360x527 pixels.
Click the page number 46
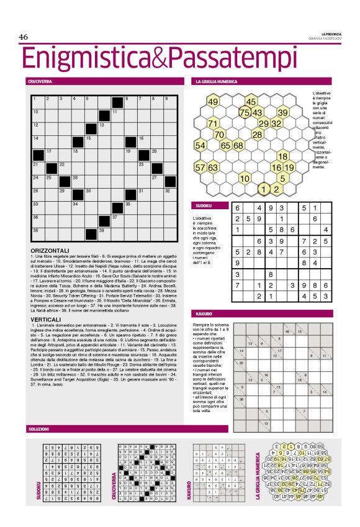pyautogui.click(x=24, y=37)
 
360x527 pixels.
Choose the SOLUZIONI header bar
pyautogui.click(x=124, y=429)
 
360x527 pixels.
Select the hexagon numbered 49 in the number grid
pyautogui.click(x=213, y=102)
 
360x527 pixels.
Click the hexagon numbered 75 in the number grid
pyautogui.click(x=245, y=112)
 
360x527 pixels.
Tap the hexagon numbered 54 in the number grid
pyautogui.click(x=200, y=145)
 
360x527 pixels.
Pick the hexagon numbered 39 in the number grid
pyautogui.click(x=282, y=112)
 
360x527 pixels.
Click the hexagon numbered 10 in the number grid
pyautogui.click(x=245, y=178)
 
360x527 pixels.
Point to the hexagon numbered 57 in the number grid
pyautogui.click(x=200, y=167)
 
